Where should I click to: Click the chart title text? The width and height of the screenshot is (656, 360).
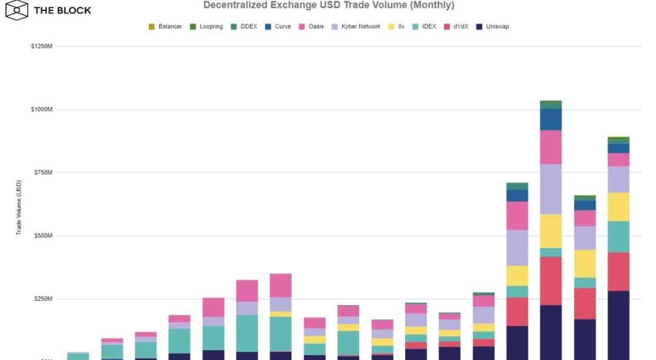[329, 5]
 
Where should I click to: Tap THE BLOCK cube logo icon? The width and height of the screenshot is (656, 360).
[16, 10]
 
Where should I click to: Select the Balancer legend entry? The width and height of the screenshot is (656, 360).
[165, 27]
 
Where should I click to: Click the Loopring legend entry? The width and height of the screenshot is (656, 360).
[207, 27]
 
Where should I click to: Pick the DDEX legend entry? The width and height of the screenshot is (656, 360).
[244, 27]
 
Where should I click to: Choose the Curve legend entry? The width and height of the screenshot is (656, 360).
[278, 27]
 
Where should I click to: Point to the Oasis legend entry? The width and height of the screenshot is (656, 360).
[312, 27]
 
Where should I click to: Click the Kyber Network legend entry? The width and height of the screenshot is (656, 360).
[356, 27]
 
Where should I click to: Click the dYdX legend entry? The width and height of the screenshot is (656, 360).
[456, 27]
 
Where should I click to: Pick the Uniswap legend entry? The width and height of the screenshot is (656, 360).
[493, 27]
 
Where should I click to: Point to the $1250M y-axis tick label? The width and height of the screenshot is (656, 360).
[42, 47]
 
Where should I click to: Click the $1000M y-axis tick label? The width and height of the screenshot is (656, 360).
[42, 110]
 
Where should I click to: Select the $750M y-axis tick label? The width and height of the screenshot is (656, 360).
[43, 173]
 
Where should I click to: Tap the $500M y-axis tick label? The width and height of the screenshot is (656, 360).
[43, 236]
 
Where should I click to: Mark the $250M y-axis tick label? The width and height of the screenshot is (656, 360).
[43, 299]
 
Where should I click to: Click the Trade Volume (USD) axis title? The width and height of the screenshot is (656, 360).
[19, 208]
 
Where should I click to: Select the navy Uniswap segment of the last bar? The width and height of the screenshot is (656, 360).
[618, 325]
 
